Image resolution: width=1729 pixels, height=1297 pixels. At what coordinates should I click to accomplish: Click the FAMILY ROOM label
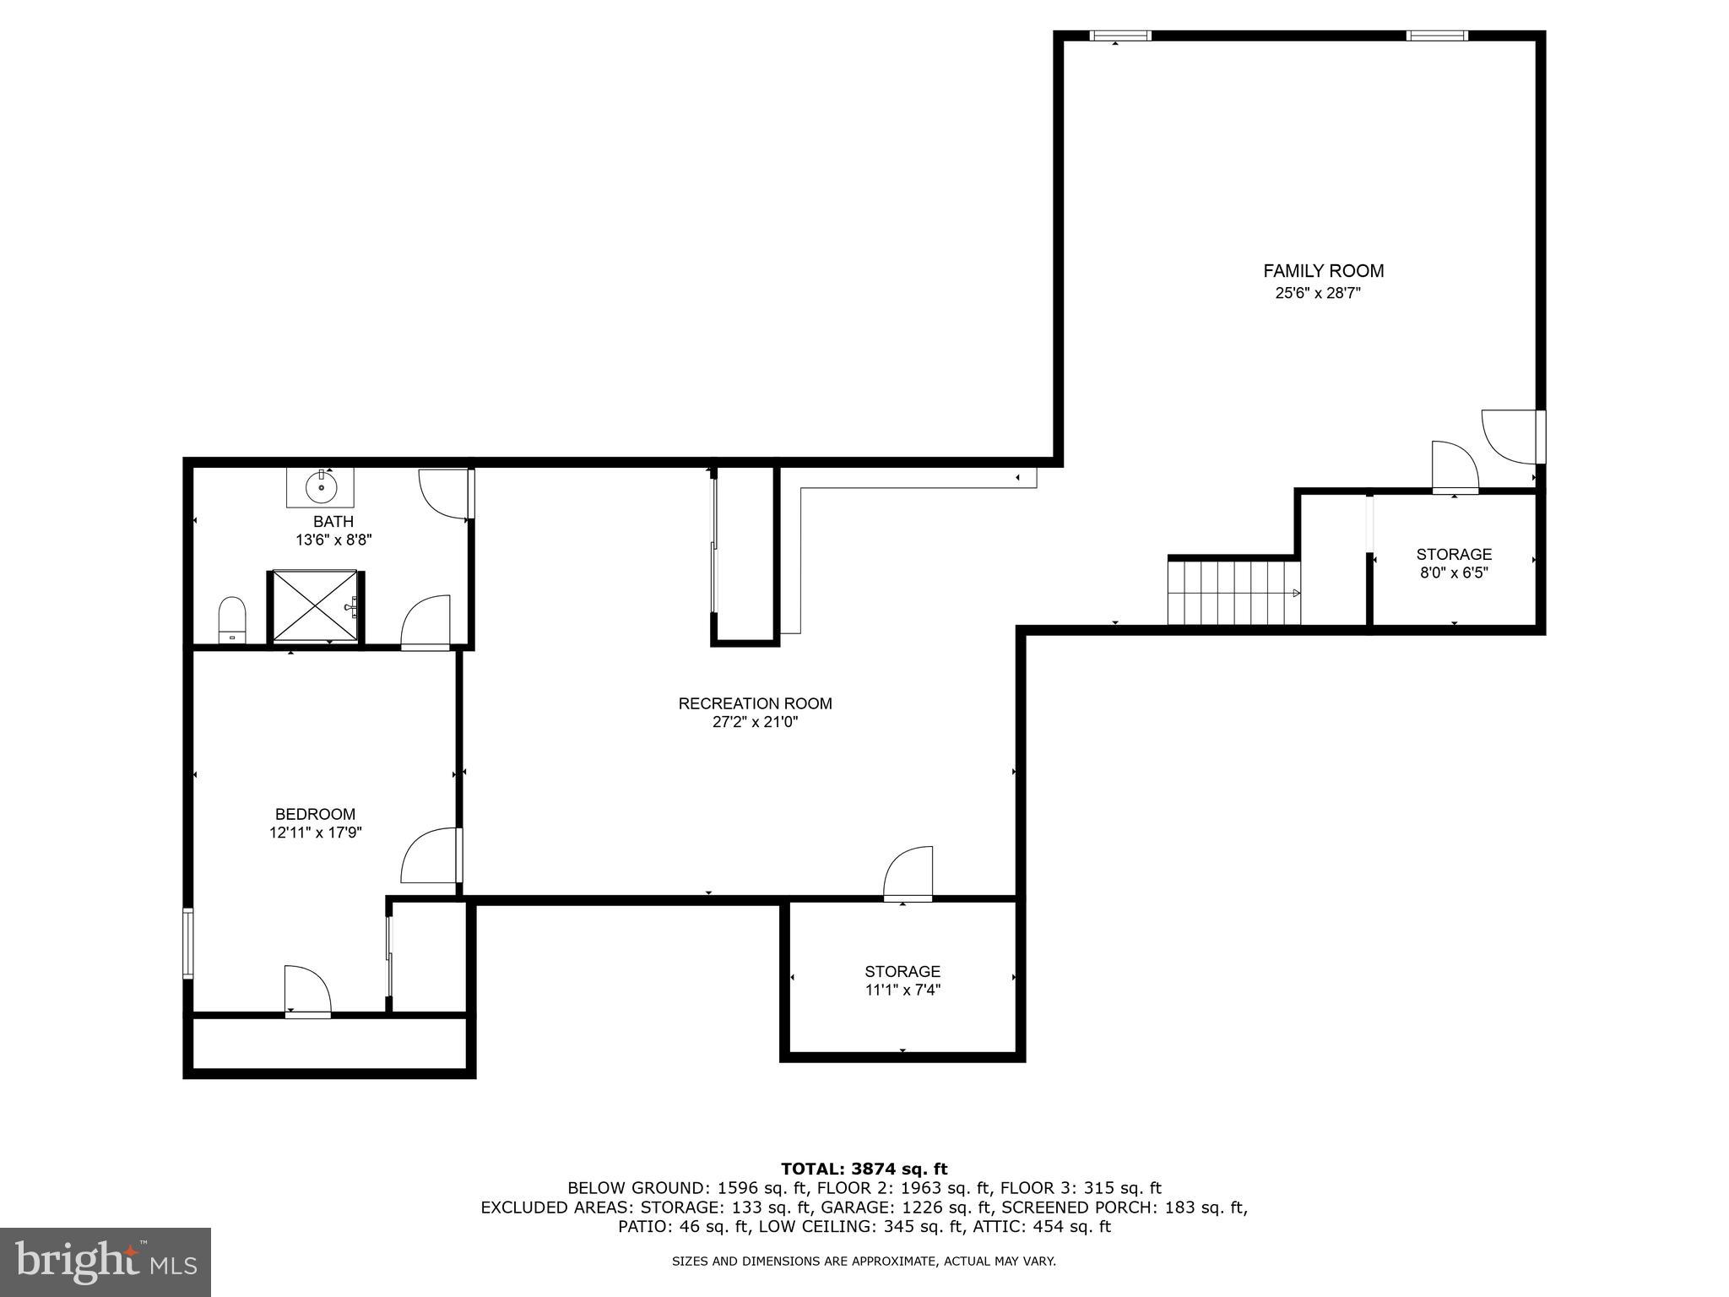tap(1323, 271)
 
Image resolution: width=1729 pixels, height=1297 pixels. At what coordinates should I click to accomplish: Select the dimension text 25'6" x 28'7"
tap(1318, 294)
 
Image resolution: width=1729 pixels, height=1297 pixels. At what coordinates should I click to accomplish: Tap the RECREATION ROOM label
tap(755, 703)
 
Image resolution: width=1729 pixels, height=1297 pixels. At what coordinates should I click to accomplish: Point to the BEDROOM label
tap(315, 814)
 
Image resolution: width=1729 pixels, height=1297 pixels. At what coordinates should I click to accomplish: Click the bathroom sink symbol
tap(320, 486)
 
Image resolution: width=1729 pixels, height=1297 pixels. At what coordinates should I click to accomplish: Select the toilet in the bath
tap(231, 620)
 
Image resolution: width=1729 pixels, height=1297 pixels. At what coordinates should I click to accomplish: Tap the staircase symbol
tap(1233, 593)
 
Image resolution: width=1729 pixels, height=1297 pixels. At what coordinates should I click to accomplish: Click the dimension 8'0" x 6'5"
tap(1453, 573)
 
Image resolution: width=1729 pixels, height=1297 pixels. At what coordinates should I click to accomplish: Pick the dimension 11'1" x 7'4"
tap(902, 990)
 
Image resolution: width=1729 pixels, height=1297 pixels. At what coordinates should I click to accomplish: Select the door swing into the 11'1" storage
tap(910, 873)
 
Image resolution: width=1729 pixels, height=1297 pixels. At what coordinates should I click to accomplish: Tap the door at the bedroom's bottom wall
tap(307, 990)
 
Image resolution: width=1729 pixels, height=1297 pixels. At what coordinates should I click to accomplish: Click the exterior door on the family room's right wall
tap(1511, 436)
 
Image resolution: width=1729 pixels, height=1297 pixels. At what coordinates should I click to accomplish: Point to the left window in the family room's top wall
tap(1119, 35)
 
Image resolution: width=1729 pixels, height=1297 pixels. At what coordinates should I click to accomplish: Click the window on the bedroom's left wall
tap(188, 943)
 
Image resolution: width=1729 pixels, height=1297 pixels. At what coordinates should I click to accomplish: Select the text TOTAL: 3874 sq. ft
tap(864, 1169)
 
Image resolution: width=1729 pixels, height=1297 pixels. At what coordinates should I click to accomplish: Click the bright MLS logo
tap(106, 1262)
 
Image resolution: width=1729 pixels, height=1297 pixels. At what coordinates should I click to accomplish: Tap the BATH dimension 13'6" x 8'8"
tap(333, 540)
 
